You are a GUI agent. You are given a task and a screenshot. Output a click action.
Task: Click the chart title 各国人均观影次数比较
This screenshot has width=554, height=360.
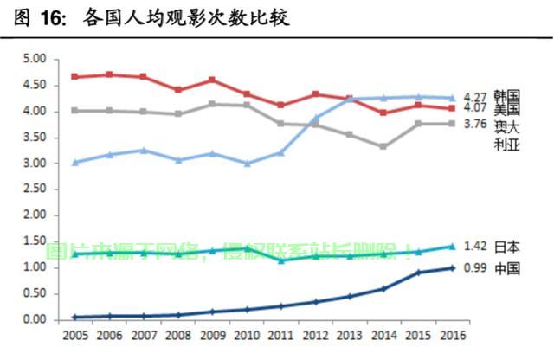click(x=187, y=17)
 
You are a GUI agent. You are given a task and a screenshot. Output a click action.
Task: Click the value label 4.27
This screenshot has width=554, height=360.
click(x=475, y=97)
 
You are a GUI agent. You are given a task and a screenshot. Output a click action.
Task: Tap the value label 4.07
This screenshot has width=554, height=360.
click(x=475, y=108)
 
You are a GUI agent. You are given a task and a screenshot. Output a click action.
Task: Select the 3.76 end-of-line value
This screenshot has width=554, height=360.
click(x=475, y=125)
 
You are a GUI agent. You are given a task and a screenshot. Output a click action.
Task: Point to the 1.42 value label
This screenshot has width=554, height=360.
click(x=475, y=247)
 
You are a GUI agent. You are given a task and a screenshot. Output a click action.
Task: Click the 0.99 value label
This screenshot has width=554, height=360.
click(x=475, y=269)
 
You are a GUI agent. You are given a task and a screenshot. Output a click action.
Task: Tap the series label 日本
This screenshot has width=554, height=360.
click(x=507, y=247)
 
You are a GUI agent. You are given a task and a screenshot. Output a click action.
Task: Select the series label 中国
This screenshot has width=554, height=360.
click(x=507, y=269)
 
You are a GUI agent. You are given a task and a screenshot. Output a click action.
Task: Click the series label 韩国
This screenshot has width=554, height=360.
click(x=507, y=95)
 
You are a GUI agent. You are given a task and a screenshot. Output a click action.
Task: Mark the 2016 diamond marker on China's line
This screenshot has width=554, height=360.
click(x=451, y=268)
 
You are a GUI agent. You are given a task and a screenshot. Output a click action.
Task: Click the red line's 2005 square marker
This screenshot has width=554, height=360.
click(x=75, y=76)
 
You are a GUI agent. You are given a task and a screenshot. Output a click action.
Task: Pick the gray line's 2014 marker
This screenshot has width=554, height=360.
click(x=383, y=146)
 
